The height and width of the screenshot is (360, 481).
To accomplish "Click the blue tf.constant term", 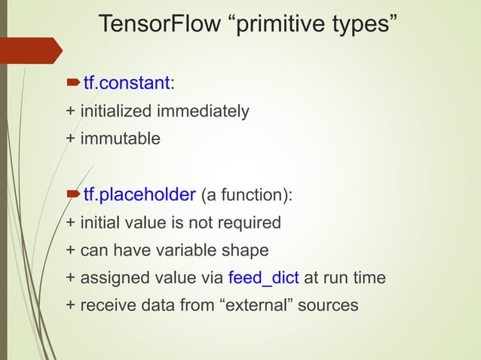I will [x=127, y=82].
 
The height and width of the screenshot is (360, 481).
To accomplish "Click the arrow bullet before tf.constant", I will [x=74, y=82].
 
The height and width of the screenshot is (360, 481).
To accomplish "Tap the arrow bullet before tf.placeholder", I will [x=74, y=194].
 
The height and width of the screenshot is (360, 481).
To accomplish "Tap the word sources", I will [x=329, y=305].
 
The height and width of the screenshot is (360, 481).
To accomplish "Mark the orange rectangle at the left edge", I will [x=30, y=50].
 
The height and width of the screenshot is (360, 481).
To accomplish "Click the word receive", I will [x=106, y=305].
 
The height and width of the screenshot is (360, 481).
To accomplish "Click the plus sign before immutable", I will [x=71, y=139].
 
